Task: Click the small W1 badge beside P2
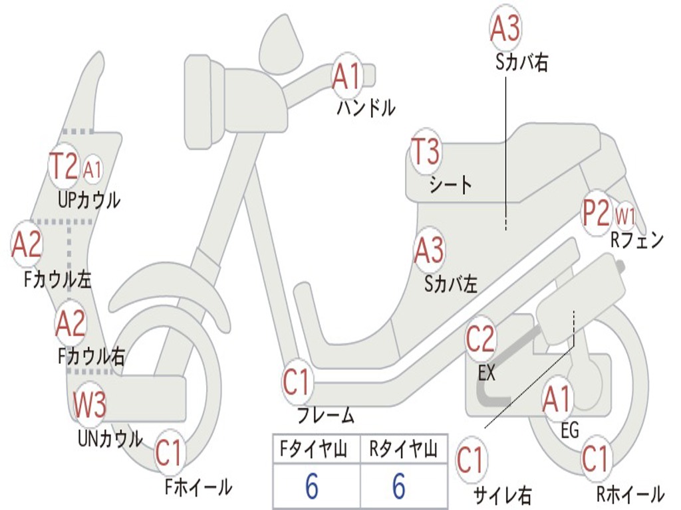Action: (625, 216)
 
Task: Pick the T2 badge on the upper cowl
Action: (65, 165)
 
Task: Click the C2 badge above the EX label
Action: (480, 339)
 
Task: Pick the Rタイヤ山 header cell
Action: (403, 450)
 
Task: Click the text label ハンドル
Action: (366, 107)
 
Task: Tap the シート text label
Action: (450, 185)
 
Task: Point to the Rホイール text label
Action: (630, 494)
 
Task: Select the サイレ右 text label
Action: (502, 494)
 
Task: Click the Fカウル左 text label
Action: (57, 280)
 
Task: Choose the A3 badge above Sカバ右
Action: (505, 29)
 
